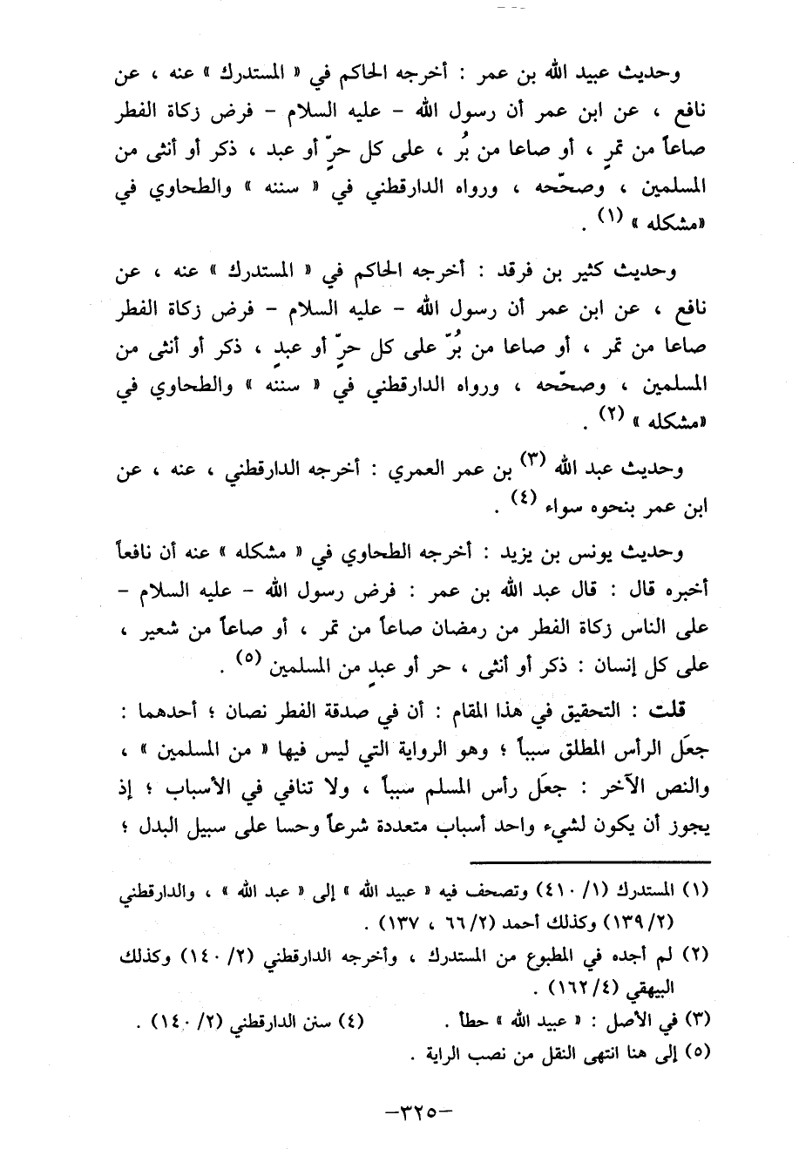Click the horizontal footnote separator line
588,861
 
